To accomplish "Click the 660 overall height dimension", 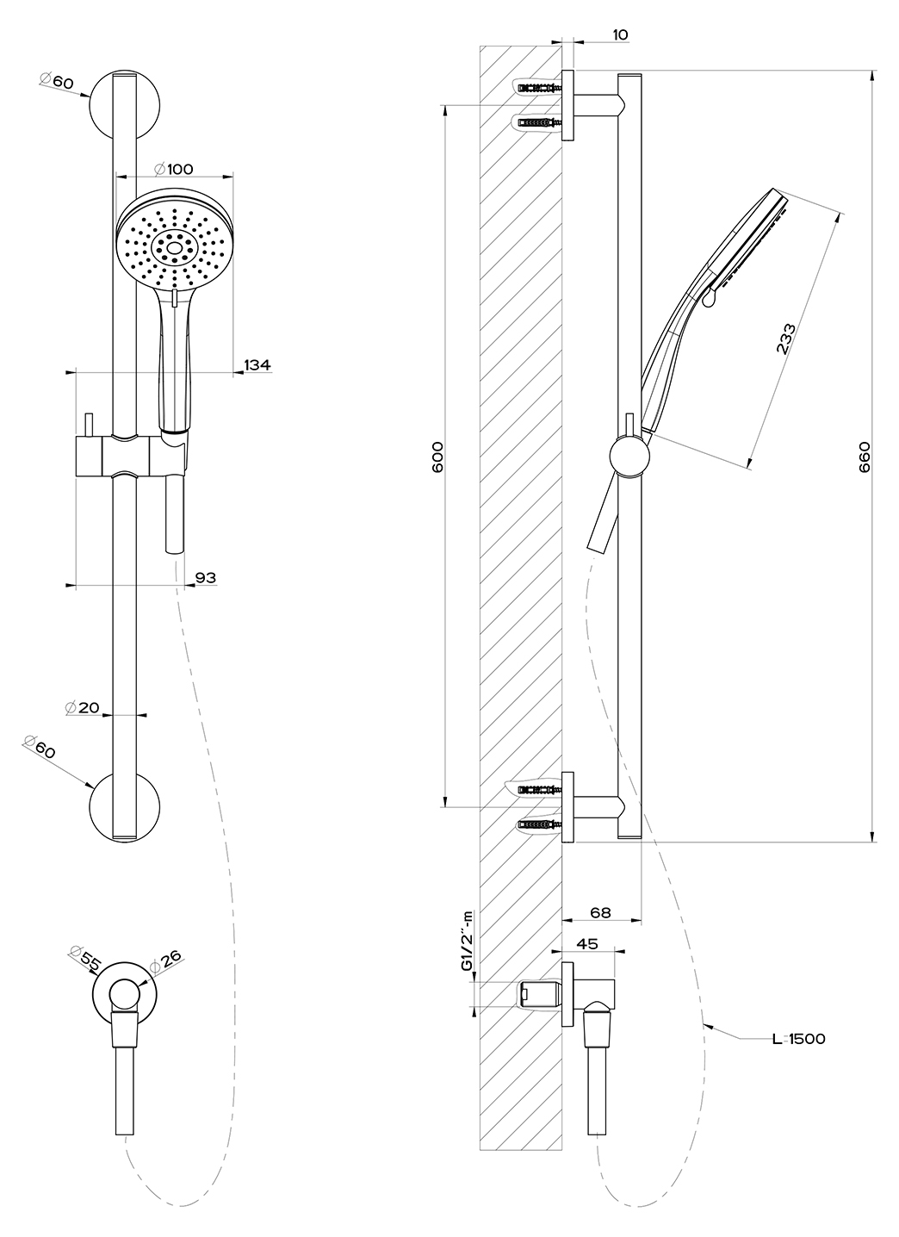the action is click(865, 457).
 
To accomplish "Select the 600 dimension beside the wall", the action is click(437, 457).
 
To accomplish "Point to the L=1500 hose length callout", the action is click(798, 1039).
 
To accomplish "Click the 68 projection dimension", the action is click(600, 912).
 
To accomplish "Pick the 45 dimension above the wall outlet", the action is click(586, 944).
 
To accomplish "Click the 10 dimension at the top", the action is click(620, 34).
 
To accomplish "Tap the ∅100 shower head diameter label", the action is click(174, 169).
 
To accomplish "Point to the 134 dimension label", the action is click(257, 364).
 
